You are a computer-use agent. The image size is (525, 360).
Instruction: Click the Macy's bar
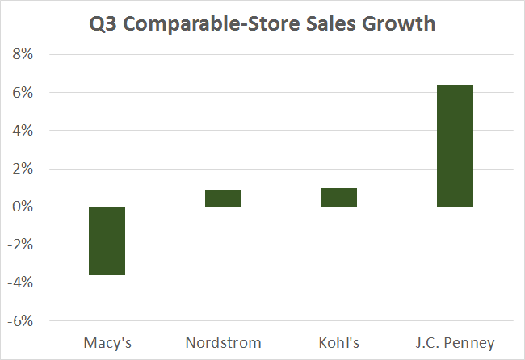click(x=107, y=241)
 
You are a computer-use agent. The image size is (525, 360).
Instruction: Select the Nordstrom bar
click(x=223, y=199)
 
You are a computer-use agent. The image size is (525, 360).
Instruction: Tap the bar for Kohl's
click(x=338, y=198)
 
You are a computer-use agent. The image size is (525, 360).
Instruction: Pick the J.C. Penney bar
click(x=455, y=146)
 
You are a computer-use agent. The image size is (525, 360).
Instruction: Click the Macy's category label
click(x=107, y=343)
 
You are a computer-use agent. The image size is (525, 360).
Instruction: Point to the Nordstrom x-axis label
click(x=223, y=343)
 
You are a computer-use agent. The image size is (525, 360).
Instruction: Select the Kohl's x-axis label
click(x=338, y=343)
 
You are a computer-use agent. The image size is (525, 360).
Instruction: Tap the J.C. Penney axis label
click(x=455, y=343)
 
